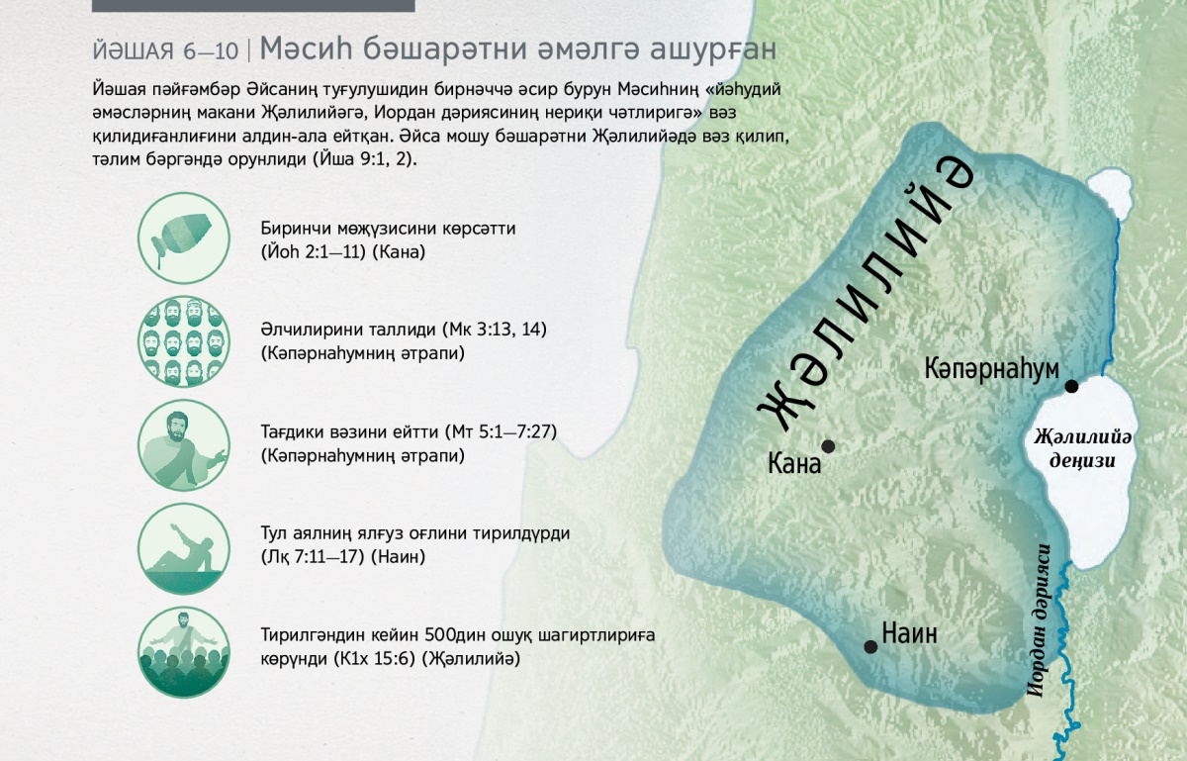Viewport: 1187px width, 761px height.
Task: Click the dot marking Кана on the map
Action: tap(828, 446)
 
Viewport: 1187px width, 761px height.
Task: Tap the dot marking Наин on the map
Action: tap(870, 646)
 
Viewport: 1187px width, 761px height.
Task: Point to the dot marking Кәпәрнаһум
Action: tap(1071, 386)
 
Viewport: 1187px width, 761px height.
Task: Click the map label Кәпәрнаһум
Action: tap(991, 368)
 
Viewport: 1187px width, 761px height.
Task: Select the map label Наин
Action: tap(909, 633)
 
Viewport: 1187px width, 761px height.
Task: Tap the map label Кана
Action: tap(794, 463)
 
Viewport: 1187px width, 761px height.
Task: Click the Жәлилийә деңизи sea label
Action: tap(1082, 448)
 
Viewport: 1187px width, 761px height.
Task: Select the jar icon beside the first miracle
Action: tap(184, 238)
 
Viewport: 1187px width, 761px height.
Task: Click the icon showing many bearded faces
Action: tap(184, 341)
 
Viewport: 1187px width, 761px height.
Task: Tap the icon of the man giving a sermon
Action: tap(184, 444)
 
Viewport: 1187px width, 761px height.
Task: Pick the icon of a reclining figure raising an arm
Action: tap(184, 548)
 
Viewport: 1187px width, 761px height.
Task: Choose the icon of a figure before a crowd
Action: tap(184, 652)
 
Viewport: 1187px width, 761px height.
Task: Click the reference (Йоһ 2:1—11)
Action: tap(314, 252)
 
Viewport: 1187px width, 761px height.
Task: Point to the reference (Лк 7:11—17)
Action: tap(314, 557)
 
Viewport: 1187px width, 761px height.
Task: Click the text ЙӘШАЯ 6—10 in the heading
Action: tap(165, 50)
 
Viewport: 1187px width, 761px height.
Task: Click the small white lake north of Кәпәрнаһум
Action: tap(1109, 192)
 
